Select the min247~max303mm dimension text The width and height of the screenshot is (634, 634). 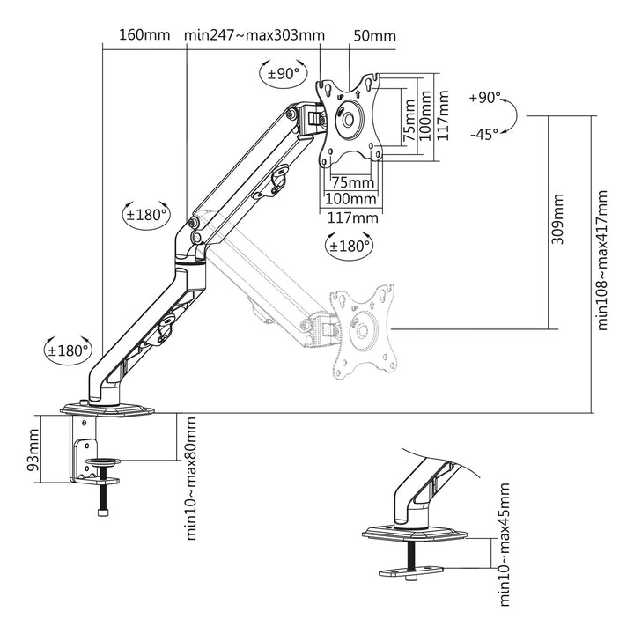coord(254,36)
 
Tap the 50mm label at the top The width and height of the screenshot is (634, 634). coord(374,36)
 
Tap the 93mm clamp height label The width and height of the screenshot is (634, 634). coord(34,450)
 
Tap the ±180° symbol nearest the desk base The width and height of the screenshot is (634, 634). coord(68,350)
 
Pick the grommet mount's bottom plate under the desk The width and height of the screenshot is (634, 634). coord(409,573)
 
